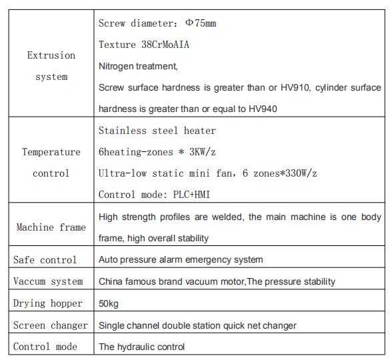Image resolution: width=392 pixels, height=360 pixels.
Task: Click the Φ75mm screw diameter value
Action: coord(201,23)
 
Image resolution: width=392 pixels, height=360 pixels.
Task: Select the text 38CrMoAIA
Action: coord(165,45)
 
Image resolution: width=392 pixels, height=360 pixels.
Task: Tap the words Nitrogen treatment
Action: coord(138,66)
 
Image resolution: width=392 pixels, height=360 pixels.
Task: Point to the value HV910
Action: coord(295,87)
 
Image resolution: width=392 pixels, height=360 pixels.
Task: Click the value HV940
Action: coord(263,109)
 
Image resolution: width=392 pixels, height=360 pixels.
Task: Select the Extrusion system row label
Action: coord(51,66)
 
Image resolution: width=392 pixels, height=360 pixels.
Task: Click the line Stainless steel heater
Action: coord(157,131)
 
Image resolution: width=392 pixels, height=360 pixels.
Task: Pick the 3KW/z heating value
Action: coord(203,152)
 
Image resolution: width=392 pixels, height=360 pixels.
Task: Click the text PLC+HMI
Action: coord(191,195)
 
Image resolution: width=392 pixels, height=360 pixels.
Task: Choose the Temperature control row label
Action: coord(51,163)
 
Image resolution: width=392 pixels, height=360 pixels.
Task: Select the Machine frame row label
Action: coord(51,227)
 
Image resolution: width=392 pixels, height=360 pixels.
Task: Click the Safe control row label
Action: coord(45,260)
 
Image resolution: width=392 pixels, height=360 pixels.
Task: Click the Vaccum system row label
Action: coord(48,281)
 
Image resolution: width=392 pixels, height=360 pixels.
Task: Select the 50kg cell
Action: coord(109,303)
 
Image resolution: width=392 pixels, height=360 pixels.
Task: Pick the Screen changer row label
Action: coord(51,325)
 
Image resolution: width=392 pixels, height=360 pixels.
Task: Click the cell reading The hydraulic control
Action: coord(141,347)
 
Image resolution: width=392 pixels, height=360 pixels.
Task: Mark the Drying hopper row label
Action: coord(48,303)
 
